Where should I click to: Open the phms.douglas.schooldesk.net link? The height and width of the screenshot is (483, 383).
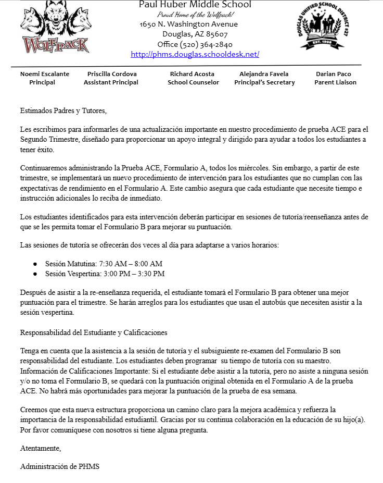195,54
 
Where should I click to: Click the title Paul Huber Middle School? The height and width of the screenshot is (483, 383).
195,5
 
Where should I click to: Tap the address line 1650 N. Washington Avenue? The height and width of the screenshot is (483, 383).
189,24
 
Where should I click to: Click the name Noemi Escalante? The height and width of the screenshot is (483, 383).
45,74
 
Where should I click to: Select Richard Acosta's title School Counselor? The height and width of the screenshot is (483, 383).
193,82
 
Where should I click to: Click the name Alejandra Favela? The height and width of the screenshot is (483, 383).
264,74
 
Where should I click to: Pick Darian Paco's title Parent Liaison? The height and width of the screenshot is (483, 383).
335,82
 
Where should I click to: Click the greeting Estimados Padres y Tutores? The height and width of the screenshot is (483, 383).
63,111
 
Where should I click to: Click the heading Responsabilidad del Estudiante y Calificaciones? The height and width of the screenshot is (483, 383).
94,332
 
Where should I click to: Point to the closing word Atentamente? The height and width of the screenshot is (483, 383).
41,448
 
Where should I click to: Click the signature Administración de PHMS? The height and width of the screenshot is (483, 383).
59,466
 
